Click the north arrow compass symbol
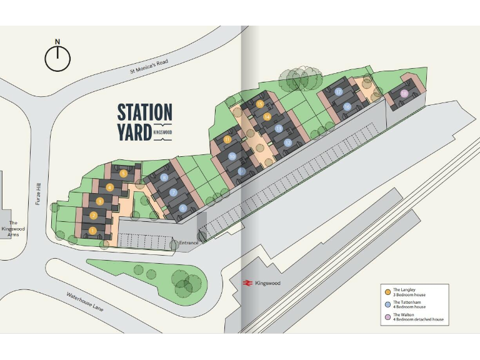pos(57,59)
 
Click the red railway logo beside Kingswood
pos(247,283)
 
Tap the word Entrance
pos(188,242)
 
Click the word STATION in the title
pos(144,112)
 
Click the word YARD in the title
pos(134,132)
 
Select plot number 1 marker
pos(92,231)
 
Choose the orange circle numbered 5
pos(124,174)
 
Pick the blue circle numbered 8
pos(164,177)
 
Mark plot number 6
pos(182,208)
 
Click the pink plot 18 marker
pos(405,94)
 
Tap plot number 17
pos(338,91)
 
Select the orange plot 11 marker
pos(227,139)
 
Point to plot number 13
pos(279,129)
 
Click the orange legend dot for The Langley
pos(388,292)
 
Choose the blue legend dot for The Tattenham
pos(388,304)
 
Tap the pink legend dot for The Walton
pos(388,317)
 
